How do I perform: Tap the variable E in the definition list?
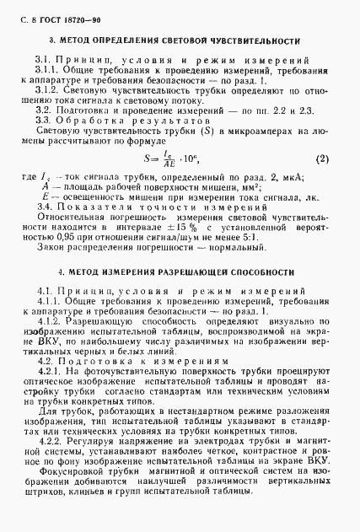click(x=41, y=196)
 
